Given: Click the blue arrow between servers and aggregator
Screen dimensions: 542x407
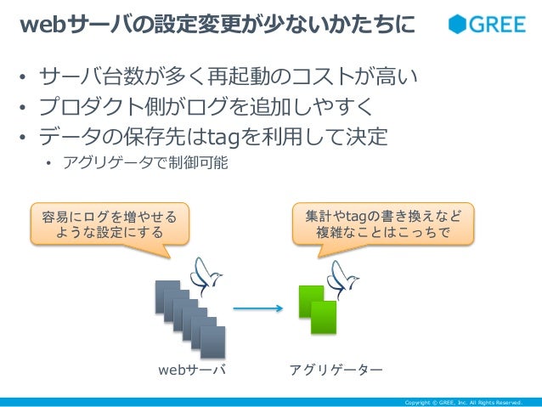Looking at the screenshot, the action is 257,308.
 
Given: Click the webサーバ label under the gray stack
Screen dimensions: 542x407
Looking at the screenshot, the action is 192,371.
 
